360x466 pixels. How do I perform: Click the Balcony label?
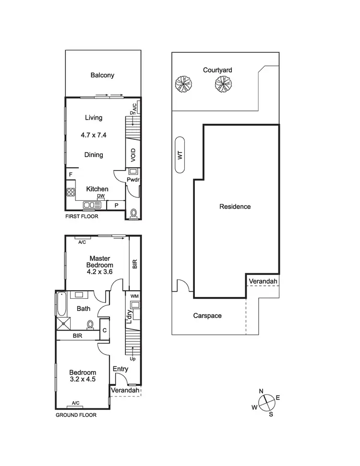click(102, 75)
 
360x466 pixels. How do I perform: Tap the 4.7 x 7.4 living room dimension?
click(94, 135)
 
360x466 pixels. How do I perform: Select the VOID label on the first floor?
click(133, 154)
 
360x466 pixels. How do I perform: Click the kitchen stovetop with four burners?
click(71, 192)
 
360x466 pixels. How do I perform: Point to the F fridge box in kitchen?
click(70, 174)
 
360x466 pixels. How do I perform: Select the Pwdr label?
click(132, 180)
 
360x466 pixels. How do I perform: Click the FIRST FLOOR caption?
click(82, 217)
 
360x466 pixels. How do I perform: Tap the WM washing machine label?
click(134, 296)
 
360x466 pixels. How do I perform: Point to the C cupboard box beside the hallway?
click(104, 331)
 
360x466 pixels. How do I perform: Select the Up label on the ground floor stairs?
click(132, 358)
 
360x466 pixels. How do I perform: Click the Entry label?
click(120, 369)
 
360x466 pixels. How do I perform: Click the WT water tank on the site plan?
click(180, 155)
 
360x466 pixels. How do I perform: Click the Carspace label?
click(207, 316)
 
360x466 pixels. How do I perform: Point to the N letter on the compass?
click(261, 391)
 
